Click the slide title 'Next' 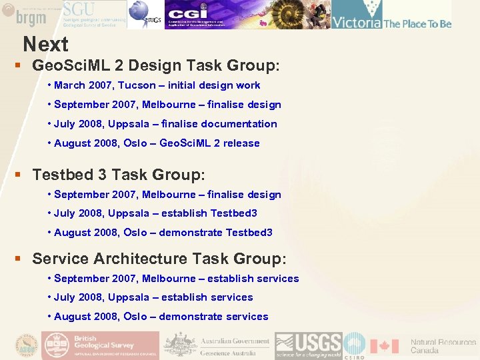45,44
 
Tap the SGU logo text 78,9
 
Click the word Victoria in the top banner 357,23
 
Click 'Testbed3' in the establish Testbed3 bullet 233,213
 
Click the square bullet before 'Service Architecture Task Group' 19,258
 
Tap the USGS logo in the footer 309,345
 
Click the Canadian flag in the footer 384,346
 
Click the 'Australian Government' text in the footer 235,341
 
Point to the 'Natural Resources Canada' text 443,346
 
